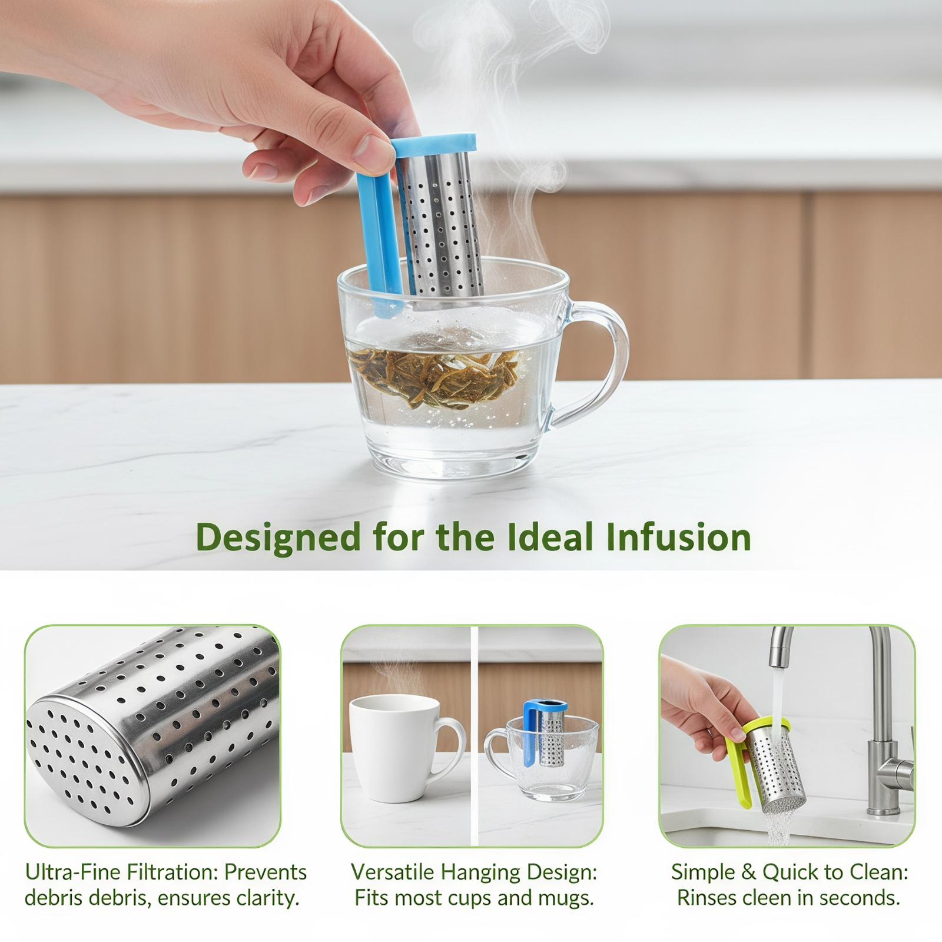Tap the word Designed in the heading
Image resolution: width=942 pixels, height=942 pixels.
pos(278,538)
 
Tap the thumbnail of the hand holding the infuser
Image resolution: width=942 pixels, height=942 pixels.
pos(787,736)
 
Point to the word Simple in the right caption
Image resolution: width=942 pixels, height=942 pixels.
pos(703,873)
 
